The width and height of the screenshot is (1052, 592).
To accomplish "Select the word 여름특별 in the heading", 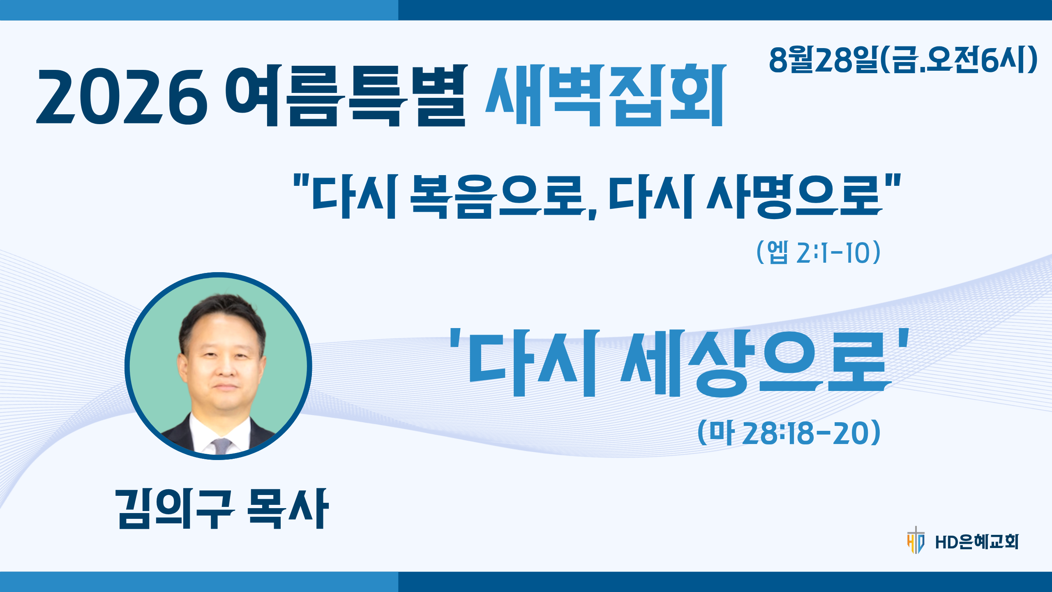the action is tap(346, 95).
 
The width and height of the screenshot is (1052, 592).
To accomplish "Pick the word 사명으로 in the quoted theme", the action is tap(794, 197).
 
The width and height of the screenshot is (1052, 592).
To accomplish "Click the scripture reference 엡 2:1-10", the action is tap(818, 252).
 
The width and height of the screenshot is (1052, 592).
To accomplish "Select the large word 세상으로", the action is tap(756, 363).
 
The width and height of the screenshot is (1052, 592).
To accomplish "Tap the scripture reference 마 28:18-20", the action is tap(789, 432).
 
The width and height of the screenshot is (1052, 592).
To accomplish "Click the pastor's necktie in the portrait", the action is tap(221, 446).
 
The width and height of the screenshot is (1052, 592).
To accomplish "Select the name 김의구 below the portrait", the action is tap(175, 509).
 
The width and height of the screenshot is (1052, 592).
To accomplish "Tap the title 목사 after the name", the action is tap(288, 509).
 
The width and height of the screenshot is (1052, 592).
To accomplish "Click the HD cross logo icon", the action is tap(916, 540).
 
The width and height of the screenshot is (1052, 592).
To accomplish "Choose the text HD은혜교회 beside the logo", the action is tap(977, 542).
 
